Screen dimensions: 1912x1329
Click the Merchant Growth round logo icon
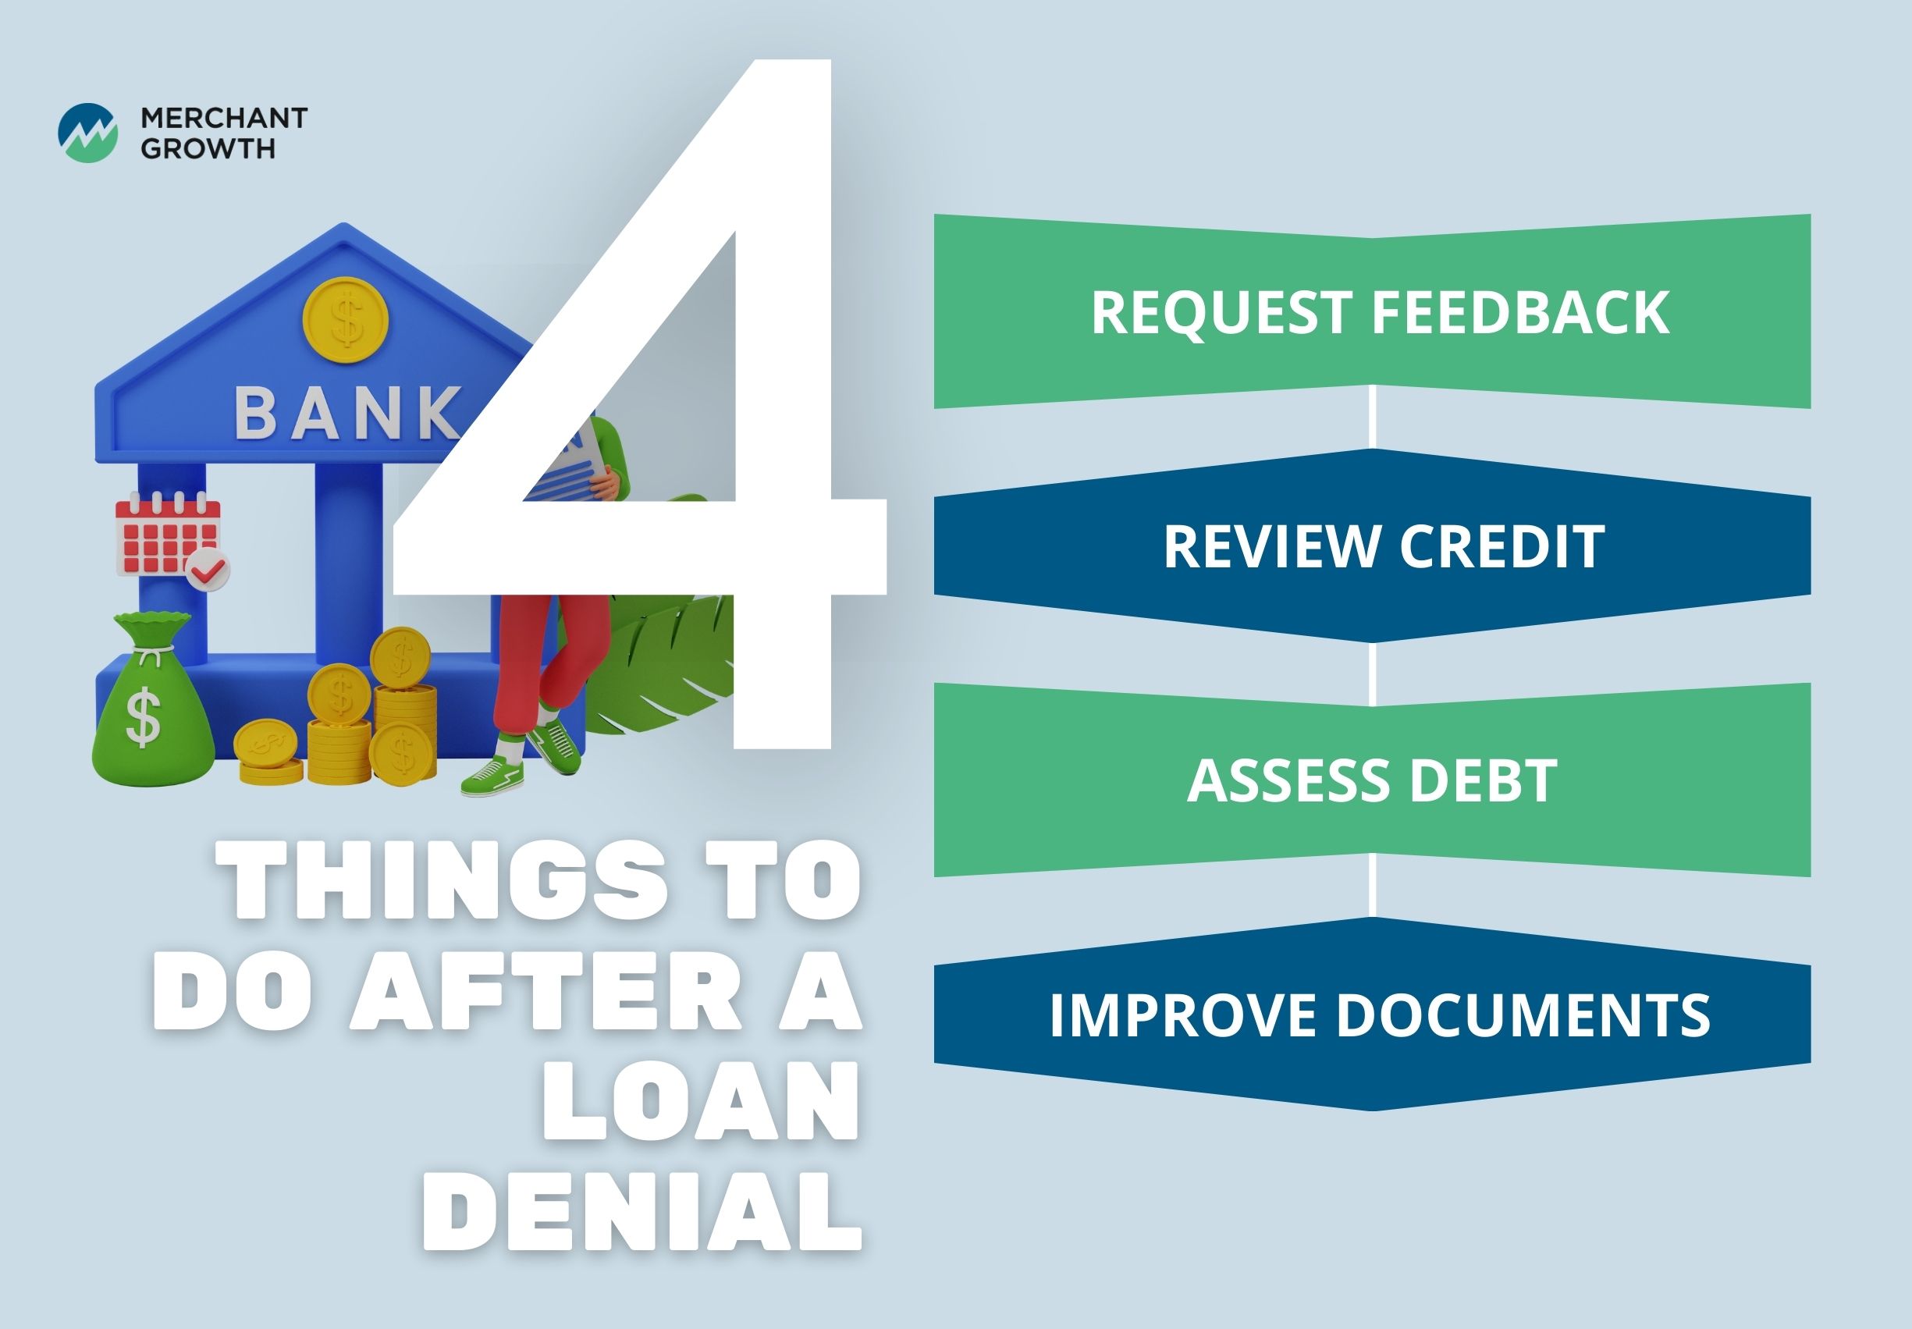(x=87, y=133)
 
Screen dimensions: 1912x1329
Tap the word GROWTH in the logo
(x=208, y=148)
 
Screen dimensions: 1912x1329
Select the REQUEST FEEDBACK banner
(x=1373, y=311)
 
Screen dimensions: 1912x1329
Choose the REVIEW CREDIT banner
(x=1373, y=545)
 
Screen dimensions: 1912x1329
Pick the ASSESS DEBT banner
(x=1373, y=780)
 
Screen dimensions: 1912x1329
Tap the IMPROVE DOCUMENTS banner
(x=1373, y=1015)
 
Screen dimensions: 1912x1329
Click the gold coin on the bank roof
(x=347, y=320)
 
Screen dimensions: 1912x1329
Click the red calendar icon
(x=166, y=533)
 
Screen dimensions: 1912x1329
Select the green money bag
(x=151, y=698)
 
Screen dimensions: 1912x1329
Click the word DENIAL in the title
(x=641, y=1213)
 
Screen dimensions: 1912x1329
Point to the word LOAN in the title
(x=700, y=1101)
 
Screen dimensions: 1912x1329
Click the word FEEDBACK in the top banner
(x=1520, y=312)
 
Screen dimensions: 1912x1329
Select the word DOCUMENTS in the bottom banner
(x=1523, y=1015)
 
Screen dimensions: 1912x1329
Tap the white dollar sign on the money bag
(x=144, y=717)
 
